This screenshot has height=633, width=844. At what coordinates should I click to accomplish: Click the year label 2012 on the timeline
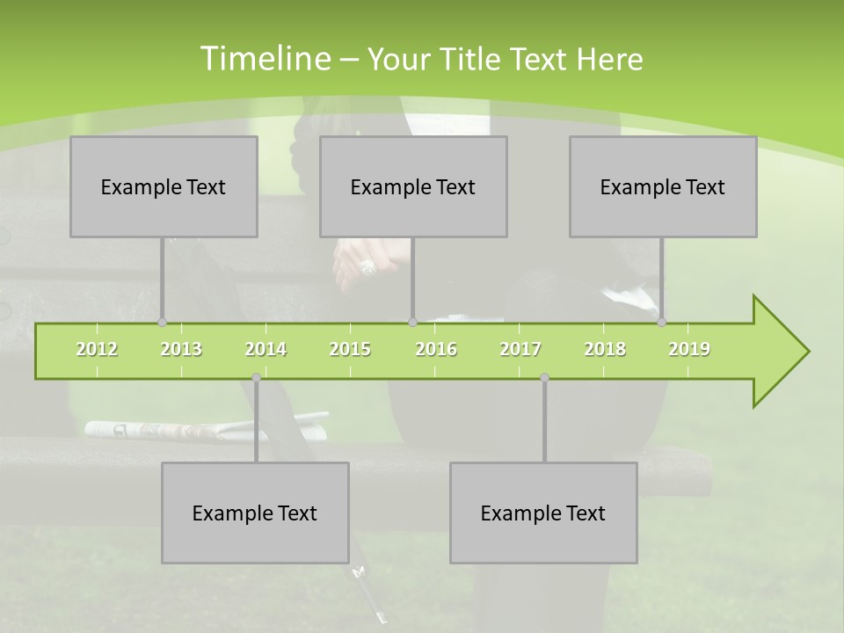[97, 349]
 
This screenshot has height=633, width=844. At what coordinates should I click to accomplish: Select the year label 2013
[181, 349]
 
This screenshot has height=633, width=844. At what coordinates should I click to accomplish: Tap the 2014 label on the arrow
[266, 349]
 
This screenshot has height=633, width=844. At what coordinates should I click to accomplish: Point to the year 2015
[350, 349]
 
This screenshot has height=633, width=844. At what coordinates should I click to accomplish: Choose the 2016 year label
[436, 349]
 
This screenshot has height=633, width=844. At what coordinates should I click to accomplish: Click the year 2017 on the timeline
[520, 349]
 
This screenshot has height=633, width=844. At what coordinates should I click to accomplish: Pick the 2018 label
[605, 349]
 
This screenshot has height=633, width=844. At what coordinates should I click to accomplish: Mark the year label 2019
[689, 349]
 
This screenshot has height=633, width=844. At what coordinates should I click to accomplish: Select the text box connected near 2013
[164, 186]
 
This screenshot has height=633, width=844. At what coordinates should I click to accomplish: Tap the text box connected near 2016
[413, 186]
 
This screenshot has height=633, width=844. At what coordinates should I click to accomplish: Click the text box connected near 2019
[663, 186]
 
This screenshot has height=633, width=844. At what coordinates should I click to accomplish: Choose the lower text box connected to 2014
[255, 513]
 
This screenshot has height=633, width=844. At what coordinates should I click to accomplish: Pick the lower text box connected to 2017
[543, 513]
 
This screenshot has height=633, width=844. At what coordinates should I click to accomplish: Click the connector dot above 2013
[162, 322]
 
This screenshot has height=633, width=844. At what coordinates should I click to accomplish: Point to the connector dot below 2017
[544, 378]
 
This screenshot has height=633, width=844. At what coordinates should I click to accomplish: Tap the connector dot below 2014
[256, 378]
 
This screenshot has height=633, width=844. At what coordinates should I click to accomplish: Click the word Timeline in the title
[264, 58]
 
